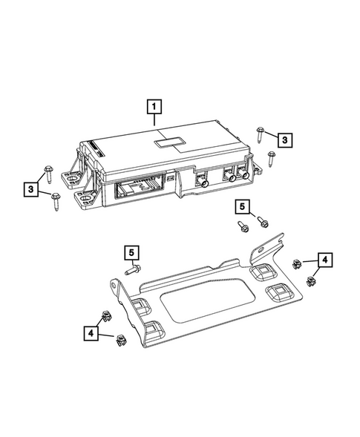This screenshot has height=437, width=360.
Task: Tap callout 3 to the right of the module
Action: (x=284, y=138)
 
